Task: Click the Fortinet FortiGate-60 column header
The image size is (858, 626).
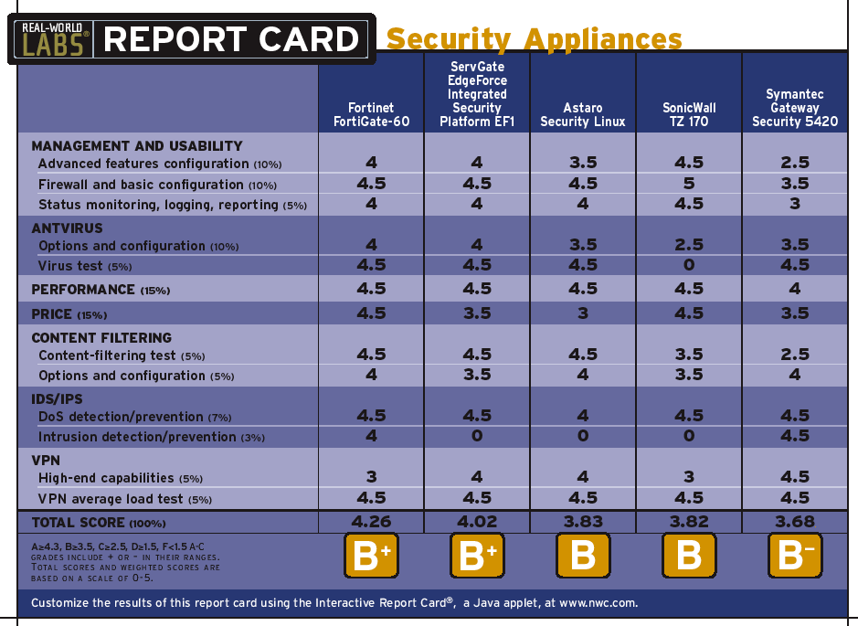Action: pyautogui.click(x=371, y=114)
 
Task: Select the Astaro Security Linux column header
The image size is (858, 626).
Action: pyautogui.click(x=583, y=114)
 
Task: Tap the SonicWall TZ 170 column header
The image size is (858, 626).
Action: pyautogui.click(x=689, y=114)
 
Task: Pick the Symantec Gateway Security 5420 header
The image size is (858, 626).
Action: pyautogui.click(x=795, y=108)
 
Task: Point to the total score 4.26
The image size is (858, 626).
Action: pyautogui.click(x=371, y=522)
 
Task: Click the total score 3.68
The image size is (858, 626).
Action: pyautogui.click(x=795, y=522)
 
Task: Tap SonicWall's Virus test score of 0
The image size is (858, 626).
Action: pyautogui.click(x=689, y=265)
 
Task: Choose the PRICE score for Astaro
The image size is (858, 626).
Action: pyautogui.click(x=583, y=313)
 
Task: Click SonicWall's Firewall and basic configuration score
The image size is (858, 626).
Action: pyautogui.click(x=689, y=184)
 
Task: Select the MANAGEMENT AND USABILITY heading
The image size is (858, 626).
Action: pyautogui.click(x=137, y=145)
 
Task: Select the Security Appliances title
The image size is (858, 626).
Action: pyautogui.click(x=534, y=39)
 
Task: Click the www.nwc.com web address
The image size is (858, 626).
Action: pyautogui.click(x=597, y=603)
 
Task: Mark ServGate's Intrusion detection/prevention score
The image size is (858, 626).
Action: pyautogui.click(x=477, y=437)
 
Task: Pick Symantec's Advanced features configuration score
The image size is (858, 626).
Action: pyautogui.click(x=795, y=163)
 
